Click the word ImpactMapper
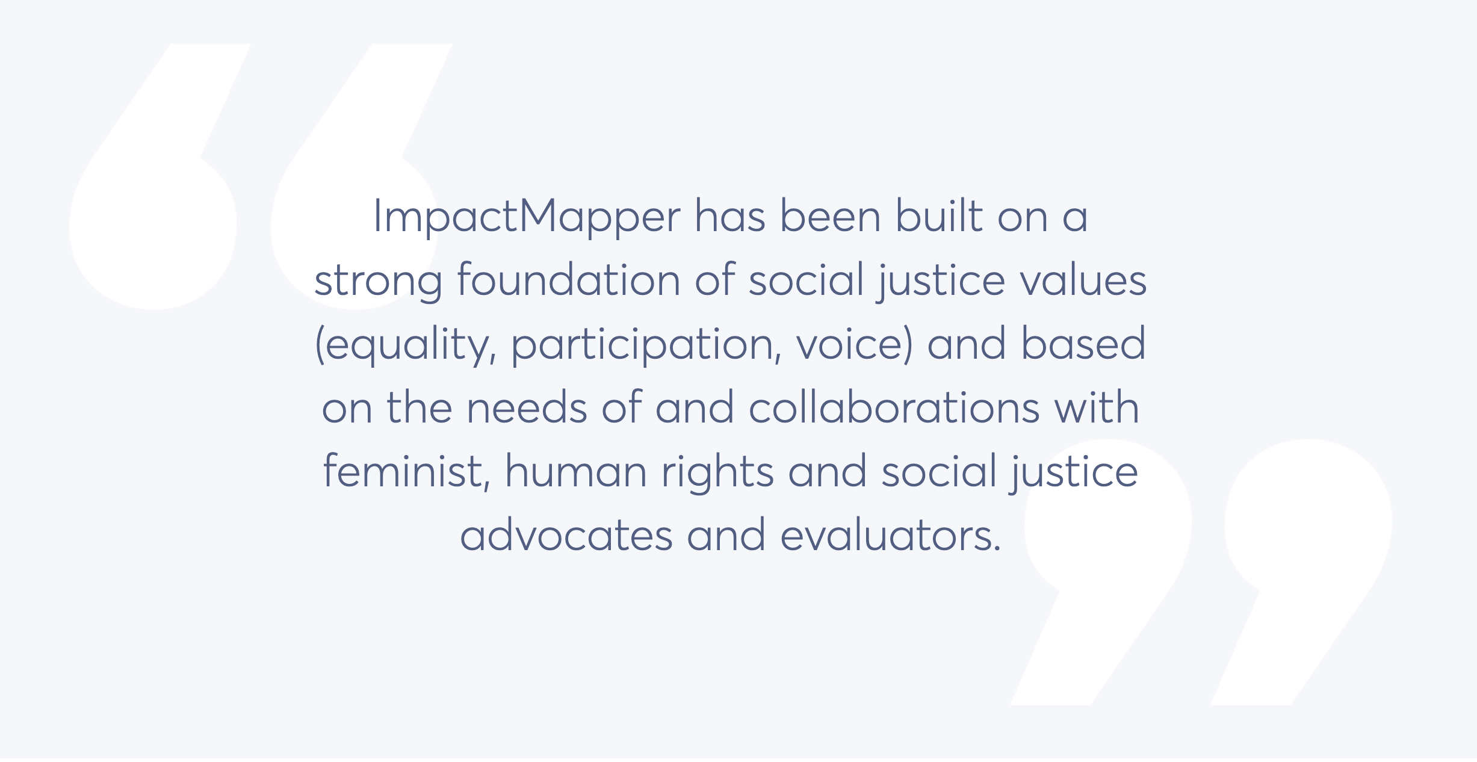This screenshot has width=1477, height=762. [527, 217]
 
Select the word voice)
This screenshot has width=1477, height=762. [855, 344]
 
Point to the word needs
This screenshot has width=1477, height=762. [527, 407]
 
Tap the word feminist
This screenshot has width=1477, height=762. [407, 471]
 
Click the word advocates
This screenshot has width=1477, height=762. [566, 535]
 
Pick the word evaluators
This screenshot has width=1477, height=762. [891, 535]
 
